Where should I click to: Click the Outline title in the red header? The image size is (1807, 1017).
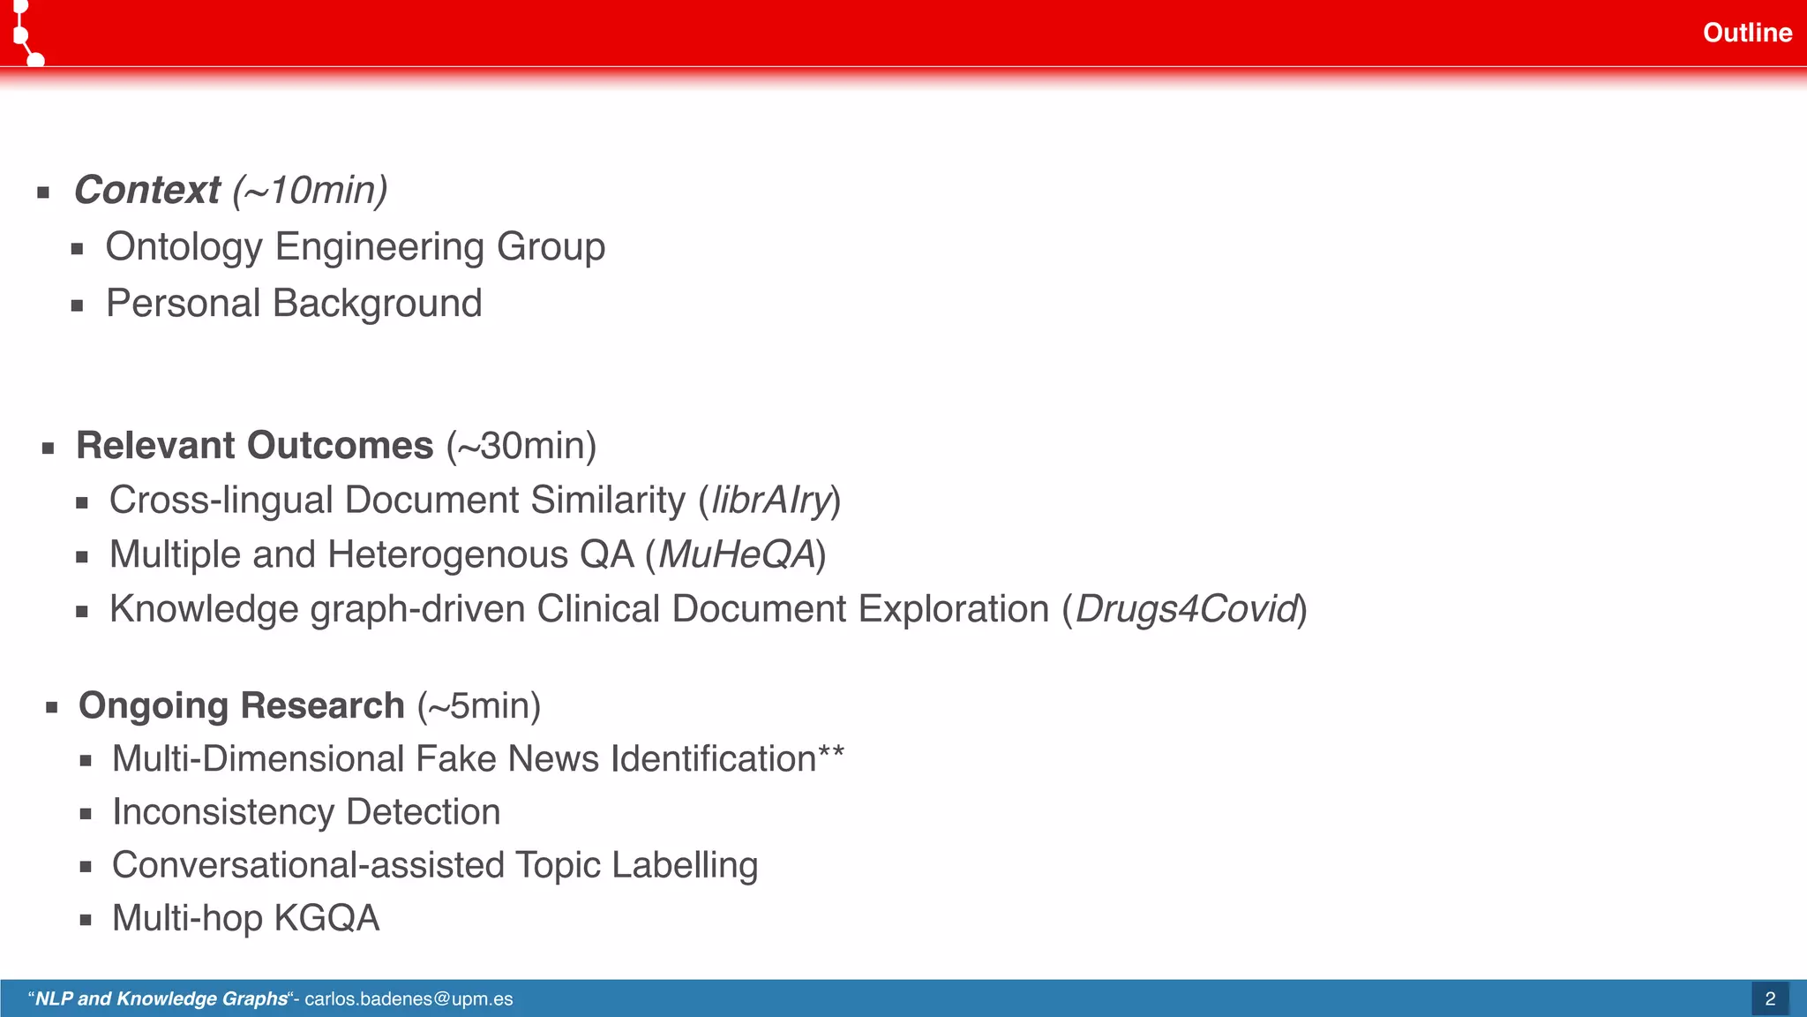[x=1746, y=33]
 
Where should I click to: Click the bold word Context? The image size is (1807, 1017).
[x=146, y=190]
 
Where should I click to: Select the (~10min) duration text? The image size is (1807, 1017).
[x=310, y=190]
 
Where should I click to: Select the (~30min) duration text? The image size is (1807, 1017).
[x=521, y=445]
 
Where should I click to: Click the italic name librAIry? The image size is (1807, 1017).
[x=770, y=501]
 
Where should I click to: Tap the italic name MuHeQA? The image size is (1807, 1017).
[x=736, y=554]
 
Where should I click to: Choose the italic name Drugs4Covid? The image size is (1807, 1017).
[x=1185, y=609]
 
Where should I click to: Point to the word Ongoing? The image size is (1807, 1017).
[x=153, y=705]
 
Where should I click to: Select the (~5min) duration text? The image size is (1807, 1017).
[x=478, y=705]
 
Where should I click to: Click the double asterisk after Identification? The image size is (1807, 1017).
[x=831, y=753]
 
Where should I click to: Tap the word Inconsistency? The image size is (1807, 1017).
[x=223, y=812]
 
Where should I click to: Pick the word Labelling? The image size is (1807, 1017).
[x=684, y=865]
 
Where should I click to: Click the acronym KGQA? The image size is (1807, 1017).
[x=326, y=918]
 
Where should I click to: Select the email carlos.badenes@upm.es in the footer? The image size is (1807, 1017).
[x=409, y=998]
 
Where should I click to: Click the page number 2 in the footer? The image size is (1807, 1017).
[x=1769, y=998]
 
